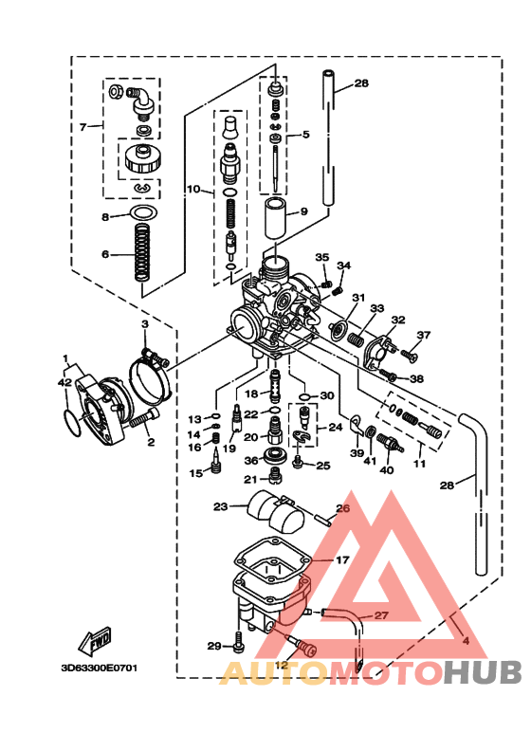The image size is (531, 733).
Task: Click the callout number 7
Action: (x=83, y=126)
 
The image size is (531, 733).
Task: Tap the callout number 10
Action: (x=192, y=190)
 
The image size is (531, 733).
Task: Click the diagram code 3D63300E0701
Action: (x=100, y=668)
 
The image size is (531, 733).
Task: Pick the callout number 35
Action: (x=321, y=258)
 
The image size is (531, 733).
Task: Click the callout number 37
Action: (x=423, y=335)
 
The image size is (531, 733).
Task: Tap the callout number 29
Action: (x=214, y=646)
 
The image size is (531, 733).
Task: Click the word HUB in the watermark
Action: (x=484, y=672)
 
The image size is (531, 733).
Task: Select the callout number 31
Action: (x=358, y=298)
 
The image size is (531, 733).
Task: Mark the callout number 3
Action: (x=145, y=324)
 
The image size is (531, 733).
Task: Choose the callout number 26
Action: (x=343, y=508)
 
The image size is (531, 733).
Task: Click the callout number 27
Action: (x=380, y=615)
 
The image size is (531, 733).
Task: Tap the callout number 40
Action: (x=386, y=469)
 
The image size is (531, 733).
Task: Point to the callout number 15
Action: (x=194, y=472)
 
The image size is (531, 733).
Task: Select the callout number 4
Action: (x=465, y=640)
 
